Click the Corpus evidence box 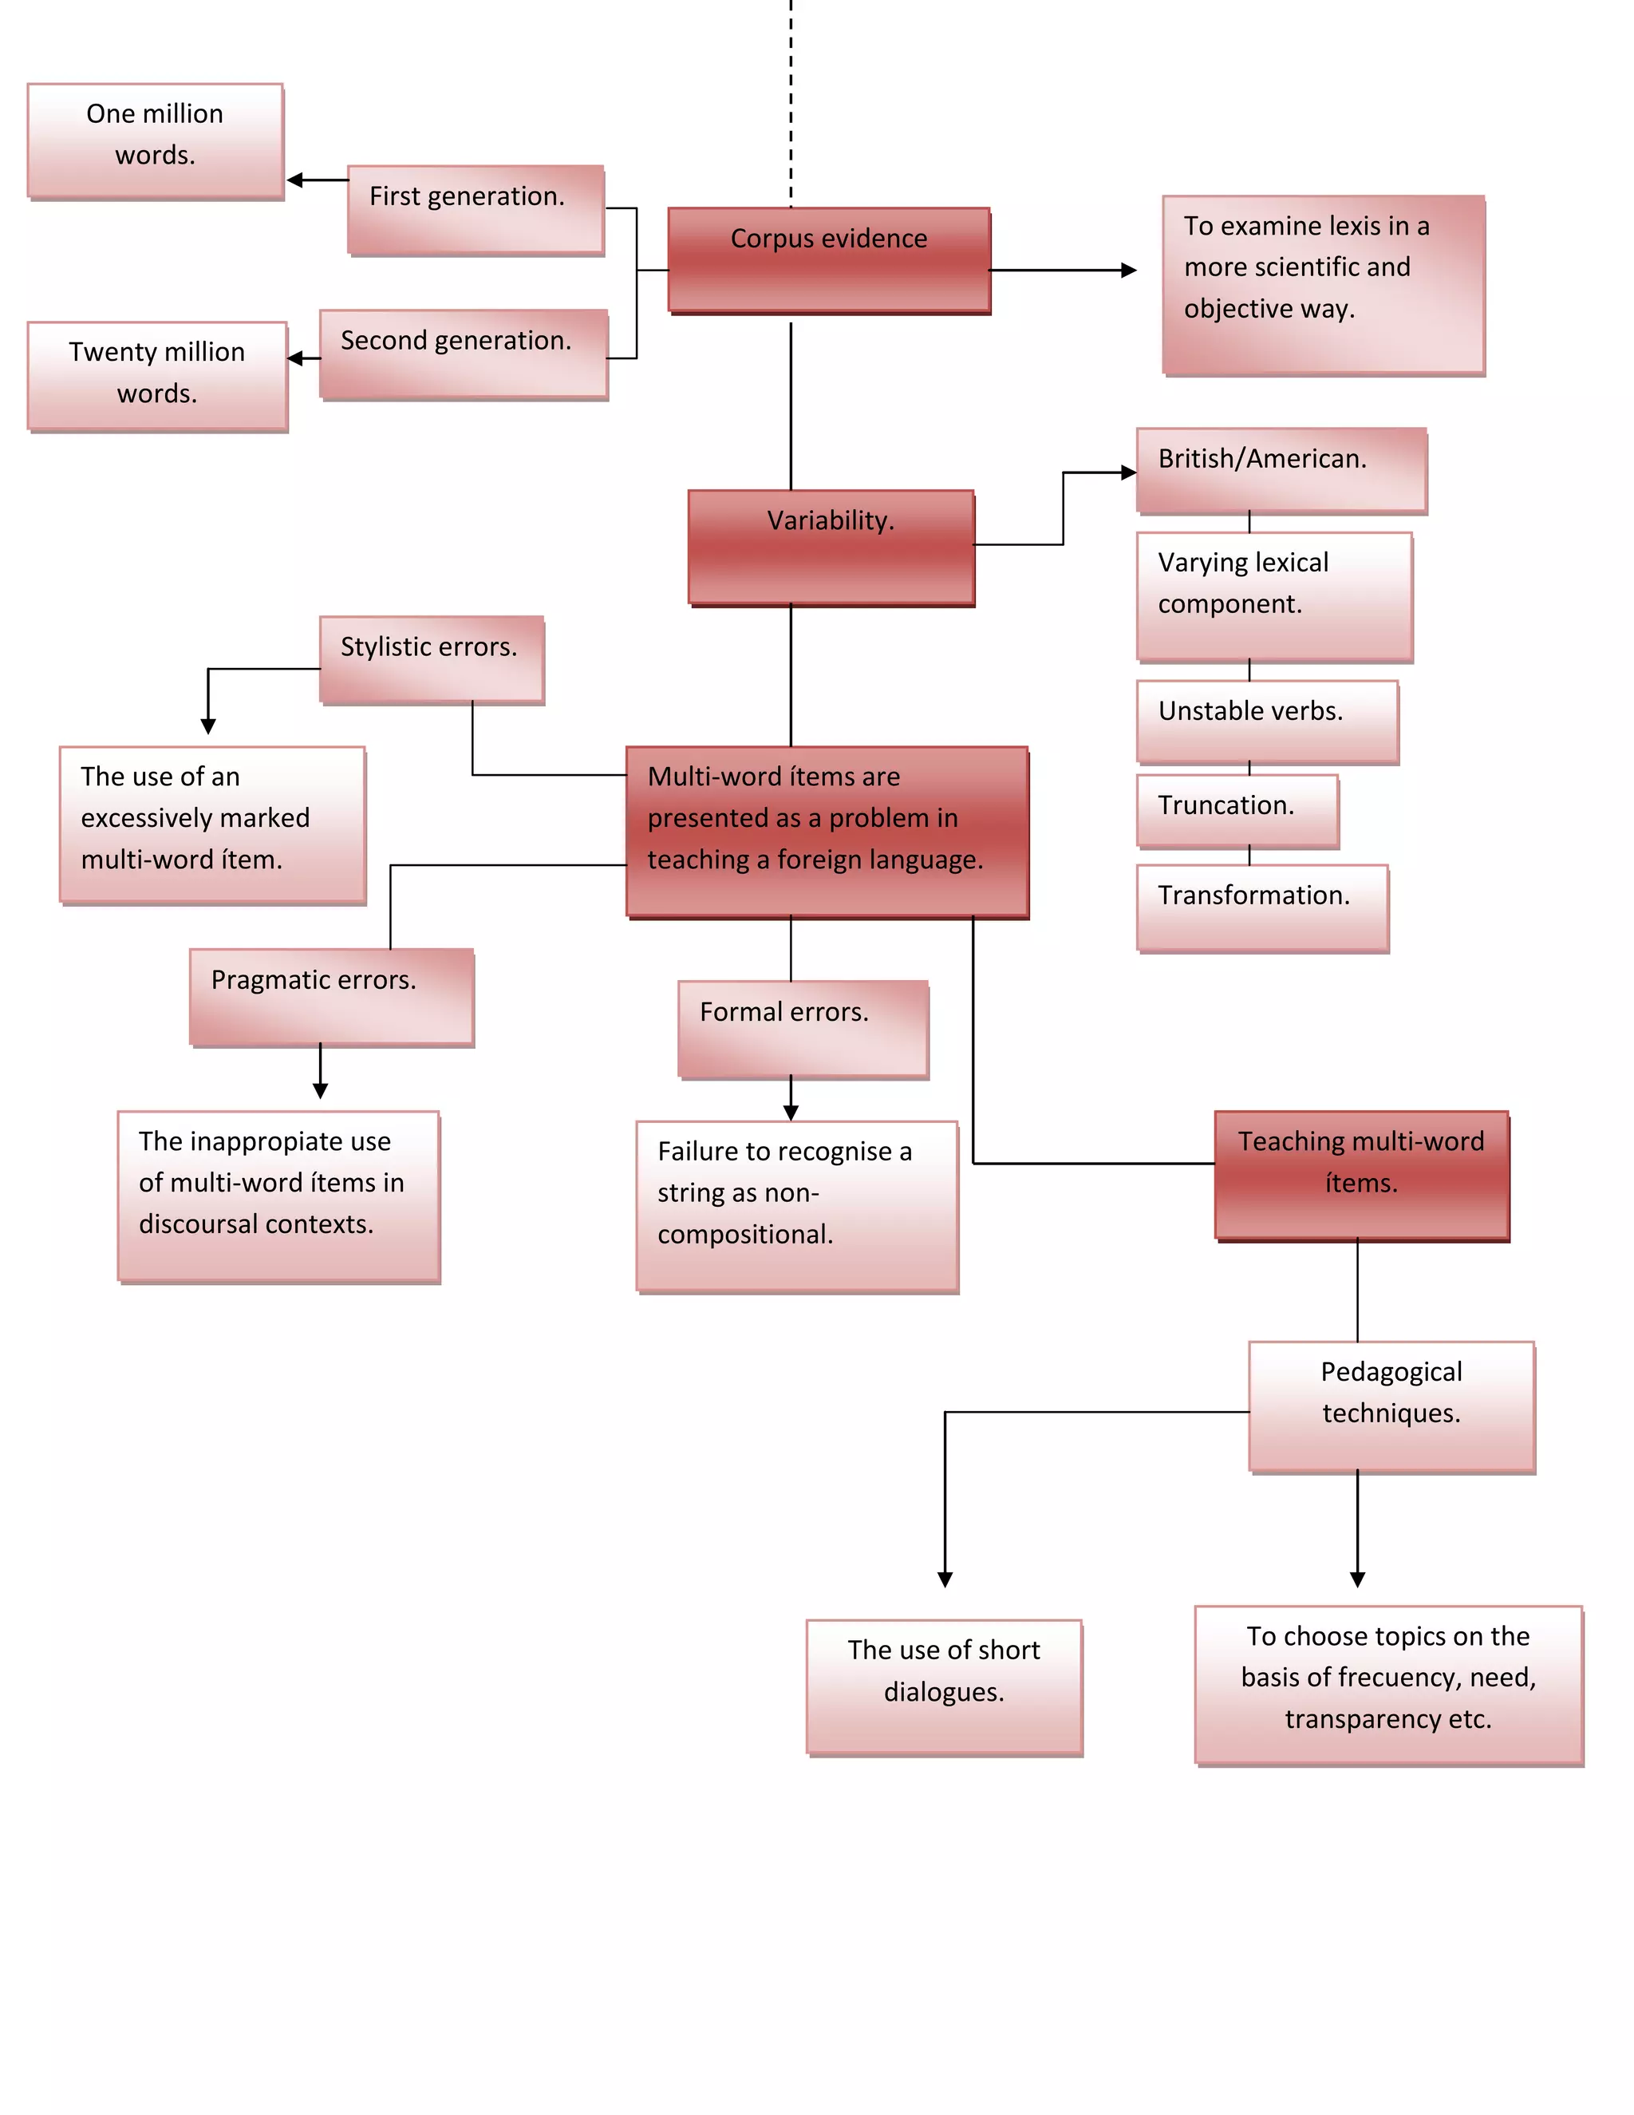click(x=829, y=259)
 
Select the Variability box click(x=831, y=548)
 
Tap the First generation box click(x=476, y=209)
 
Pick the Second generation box click(x=464, y=354)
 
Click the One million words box click(x=155, y=141)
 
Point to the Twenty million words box click(x=157, y=376)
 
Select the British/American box click(x=1281, y=469)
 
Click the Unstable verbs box click(x=1267, y=721)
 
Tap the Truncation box click(x=1237, y=811)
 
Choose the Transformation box click(x=1262, y=907)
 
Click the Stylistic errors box click(x=432, y=659)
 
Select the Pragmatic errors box click(x=331, y=997)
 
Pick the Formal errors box click(x=803, y=1029)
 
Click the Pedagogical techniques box click(x=1391, y=1406)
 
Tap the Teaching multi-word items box click(x=1361, y=1175)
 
